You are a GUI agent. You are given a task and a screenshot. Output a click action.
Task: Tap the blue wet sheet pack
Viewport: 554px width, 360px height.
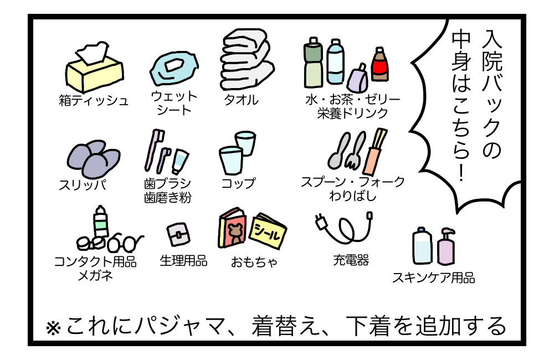[174, 68]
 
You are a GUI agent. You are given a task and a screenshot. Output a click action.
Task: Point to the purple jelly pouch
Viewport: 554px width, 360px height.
[357, 79]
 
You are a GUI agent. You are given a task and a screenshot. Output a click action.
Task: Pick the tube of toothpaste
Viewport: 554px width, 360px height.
[180, 162]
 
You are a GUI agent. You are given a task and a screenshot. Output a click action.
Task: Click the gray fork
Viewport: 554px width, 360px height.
[355, 151]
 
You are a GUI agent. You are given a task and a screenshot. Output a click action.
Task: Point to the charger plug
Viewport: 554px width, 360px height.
[321, 222]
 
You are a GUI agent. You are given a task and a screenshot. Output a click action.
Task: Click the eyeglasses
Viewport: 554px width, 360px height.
[125, 242]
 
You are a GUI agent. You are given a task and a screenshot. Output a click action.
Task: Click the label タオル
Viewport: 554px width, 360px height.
[241, 100]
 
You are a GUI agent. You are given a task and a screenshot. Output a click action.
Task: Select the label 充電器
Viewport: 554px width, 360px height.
[351, 260]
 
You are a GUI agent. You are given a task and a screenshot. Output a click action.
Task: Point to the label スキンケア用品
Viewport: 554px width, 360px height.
[434, 277]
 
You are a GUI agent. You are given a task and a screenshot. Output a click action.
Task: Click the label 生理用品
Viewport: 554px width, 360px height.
[183, 261]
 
